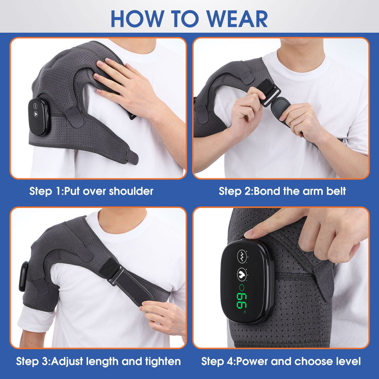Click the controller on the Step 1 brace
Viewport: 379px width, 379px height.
click(x=39, y=117)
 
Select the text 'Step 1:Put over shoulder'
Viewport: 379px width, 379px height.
click(x=91, y=191)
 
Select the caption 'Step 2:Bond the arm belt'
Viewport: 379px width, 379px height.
click(x=282, y=191)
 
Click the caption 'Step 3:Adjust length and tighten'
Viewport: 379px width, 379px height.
click(x=98, y=361)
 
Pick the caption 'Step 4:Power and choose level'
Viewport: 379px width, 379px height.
click(x=281, y=361)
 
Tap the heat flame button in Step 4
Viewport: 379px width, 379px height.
click(x=242, y=274)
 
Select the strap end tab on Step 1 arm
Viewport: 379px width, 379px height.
click(x=132, y=157)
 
